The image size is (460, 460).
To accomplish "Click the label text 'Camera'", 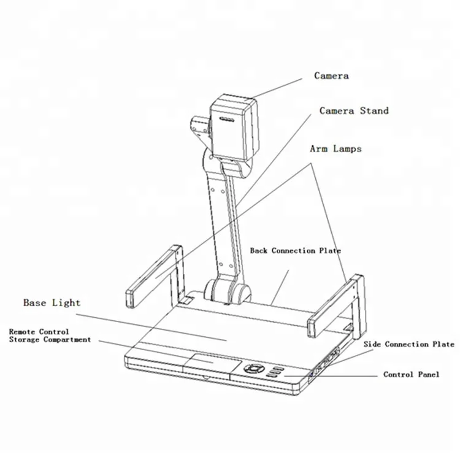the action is (x=331, y=75).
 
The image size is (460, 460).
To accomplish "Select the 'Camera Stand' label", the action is (x=354, y=111).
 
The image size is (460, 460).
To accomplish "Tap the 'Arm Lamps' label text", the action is (x=335, y=148).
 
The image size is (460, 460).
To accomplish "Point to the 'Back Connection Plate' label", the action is (x=295, y=250).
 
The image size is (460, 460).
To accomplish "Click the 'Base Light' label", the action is (x=52, y=302).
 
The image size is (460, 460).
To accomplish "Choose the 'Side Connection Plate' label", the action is (x=408, y=344).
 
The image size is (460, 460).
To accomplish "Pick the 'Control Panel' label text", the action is (x=411, y=374).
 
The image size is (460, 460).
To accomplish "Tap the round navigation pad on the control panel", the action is (x=253, y=369).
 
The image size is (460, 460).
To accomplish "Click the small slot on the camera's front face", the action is (x=226, y=121).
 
